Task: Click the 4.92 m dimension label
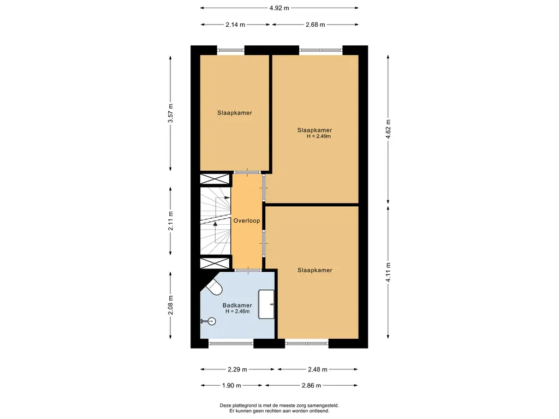[x=279, y=8]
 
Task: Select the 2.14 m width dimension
[x=235, y=25]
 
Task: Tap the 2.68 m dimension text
[x=315, y=25]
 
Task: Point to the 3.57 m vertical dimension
[x=170, y=113]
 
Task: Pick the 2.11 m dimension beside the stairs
[x=170, y=221]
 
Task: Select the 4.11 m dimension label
[x=388, y=272]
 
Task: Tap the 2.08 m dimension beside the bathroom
[x=170, y=306]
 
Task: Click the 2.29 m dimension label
[x=237, y=369]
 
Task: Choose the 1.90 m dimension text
[x=231, y=385]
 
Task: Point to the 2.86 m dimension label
[x=311, y=385]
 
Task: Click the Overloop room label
[x=247, y=220]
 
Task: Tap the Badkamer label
[x=237, y=306]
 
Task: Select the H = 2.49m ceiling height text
[x=319, y=136]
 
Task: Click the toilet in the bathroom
[x=213, y=287]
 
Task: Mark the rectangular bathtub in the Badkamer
[x=266, y=304]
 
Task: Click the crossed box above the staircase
[x=215, y=179]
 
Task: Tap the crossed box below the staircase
[x=215, y=264]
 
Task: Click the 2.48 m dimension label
[x=318, y=369]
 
